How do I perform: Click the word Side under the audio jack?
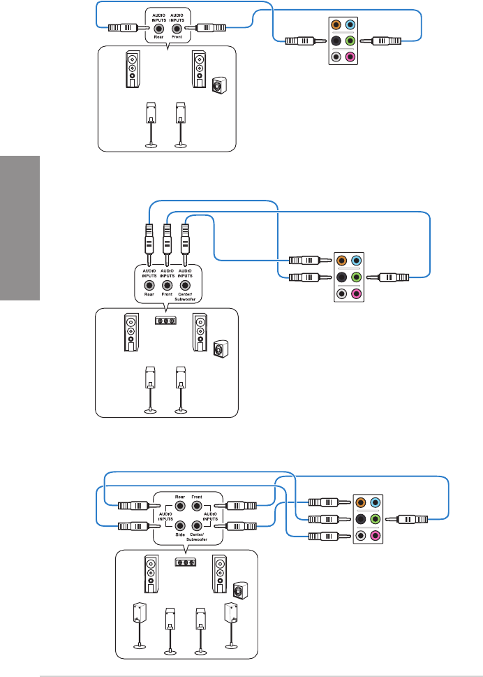180,534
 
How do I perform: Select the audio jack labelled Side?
180,525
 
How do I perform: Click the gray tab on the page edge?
20,228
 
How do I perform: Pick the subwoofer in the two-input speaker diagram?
218,85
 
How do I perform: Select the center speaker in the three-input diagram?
165,321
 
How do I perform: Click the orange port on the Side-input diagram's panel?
361,502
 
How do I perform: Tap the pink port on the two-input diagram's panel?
350,57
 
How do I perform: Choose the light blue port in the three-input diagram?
356,261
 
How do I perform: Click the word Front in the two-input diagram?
177,37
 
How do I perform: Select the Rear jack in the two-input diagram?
159,29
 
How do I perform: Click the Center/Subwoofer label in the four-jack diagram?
197,537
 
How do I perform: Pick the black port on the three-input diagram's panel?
341,277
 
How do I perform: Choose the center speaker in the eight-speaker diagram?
186,562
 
